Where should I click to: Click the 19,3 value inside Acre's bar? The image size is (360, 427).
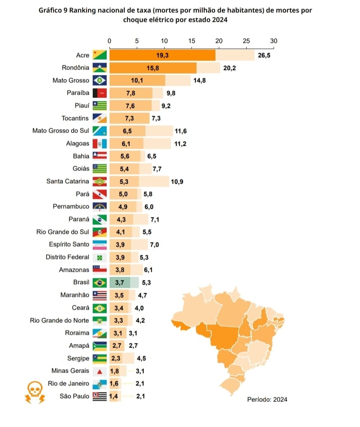pos(162,55)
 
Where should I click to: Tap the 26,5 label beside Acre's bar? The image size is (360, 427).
pos(264,55)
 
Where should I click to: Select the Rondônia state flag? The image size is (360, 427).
pos(100,68)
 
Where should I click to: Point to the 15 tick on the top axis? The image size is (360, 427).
pos(192,41)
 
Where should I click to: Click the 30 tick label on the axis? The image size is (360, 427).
pos(274,41)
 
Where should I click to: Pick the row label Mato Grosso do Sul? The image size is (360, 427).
pos(60,131)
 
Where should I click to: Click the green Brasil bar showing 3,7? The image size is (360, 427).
pos(119,282)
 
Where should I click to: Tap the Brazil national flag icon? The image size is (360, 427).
pos(100,282)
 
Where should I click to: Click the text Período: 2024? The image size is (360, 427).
pos(267,399)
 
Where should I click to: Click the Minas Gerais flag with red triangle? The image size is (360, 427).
pos(100,371)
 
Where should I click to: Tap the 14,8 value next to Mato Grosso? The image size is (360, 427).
pos(199,81)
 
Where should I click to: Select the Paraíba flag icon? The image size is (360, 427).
pos(100,93)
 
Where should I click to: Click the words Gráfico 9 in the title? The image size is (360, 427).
pos(53,10)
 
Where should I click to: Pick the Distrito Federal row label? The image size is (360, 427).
pos(67,257)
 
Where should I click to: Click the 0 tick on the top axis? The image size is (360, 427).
pos(109,41)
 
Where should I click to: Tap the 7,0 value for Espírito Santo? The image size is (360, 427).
pos(154,245)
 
